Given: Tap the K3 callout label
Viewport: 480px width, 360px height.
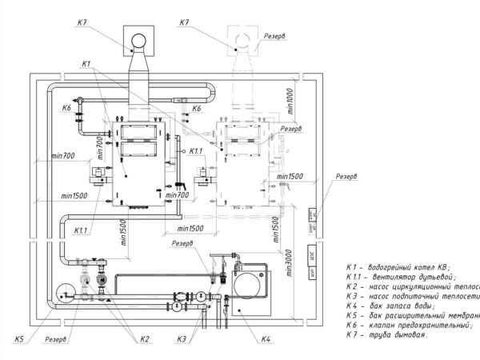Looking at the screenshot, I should coord(184,338).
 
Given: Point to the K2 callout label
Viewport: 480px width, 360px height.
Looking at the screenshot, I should coord(145,338).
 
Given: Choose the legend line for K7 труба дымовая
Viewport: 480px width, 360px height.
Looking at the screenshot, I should coord(387,336).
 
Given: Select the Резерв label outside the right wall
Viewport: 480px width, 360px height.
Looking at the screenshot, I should coord(346,176).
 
